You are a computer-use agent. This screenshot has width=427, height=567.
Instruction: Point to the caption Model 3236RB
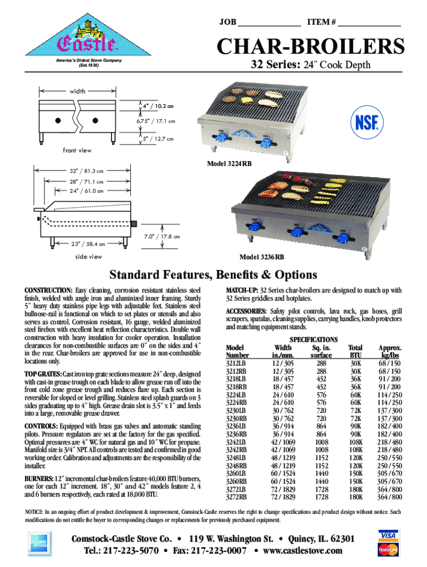262,257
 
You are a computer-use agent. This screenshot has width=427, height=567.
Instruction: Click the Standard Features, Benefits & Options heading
213,275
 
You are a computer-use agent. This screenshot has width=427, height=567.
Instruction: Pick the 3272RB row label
236,497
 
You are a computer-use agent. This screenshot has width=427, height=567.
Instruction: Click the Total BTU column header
355,351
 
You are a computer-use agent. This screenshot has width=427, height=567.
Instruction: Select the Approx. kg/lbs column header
389,351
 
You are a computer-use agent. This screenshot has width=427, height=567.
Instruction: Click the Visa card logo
389,535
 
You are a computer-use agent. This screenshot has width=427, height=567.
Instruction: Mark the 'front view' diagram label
77,150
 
